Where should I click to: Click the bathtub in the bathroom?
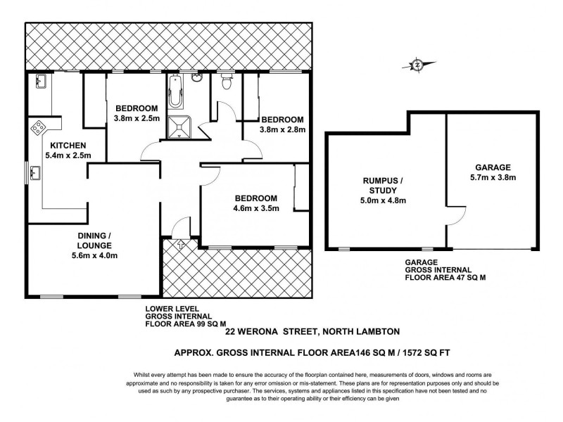(x=175, y=95)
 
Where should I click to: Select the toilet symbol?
(x=226, y=83)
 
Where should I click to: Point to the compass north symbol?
(x=418, y=65)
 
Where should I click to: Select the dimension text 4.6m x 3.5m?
(x=255, y=208)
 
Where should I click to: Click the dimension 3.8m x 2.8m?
(x=281, y=129)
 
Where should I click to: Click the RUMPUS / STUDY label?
(x=384, y=185)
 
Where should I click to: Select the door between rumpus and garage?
(x=455, y=214)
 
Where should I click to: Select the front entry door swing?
(x=181, y=226)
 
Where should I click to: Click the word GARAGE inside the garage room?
(x=492, y=167)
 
